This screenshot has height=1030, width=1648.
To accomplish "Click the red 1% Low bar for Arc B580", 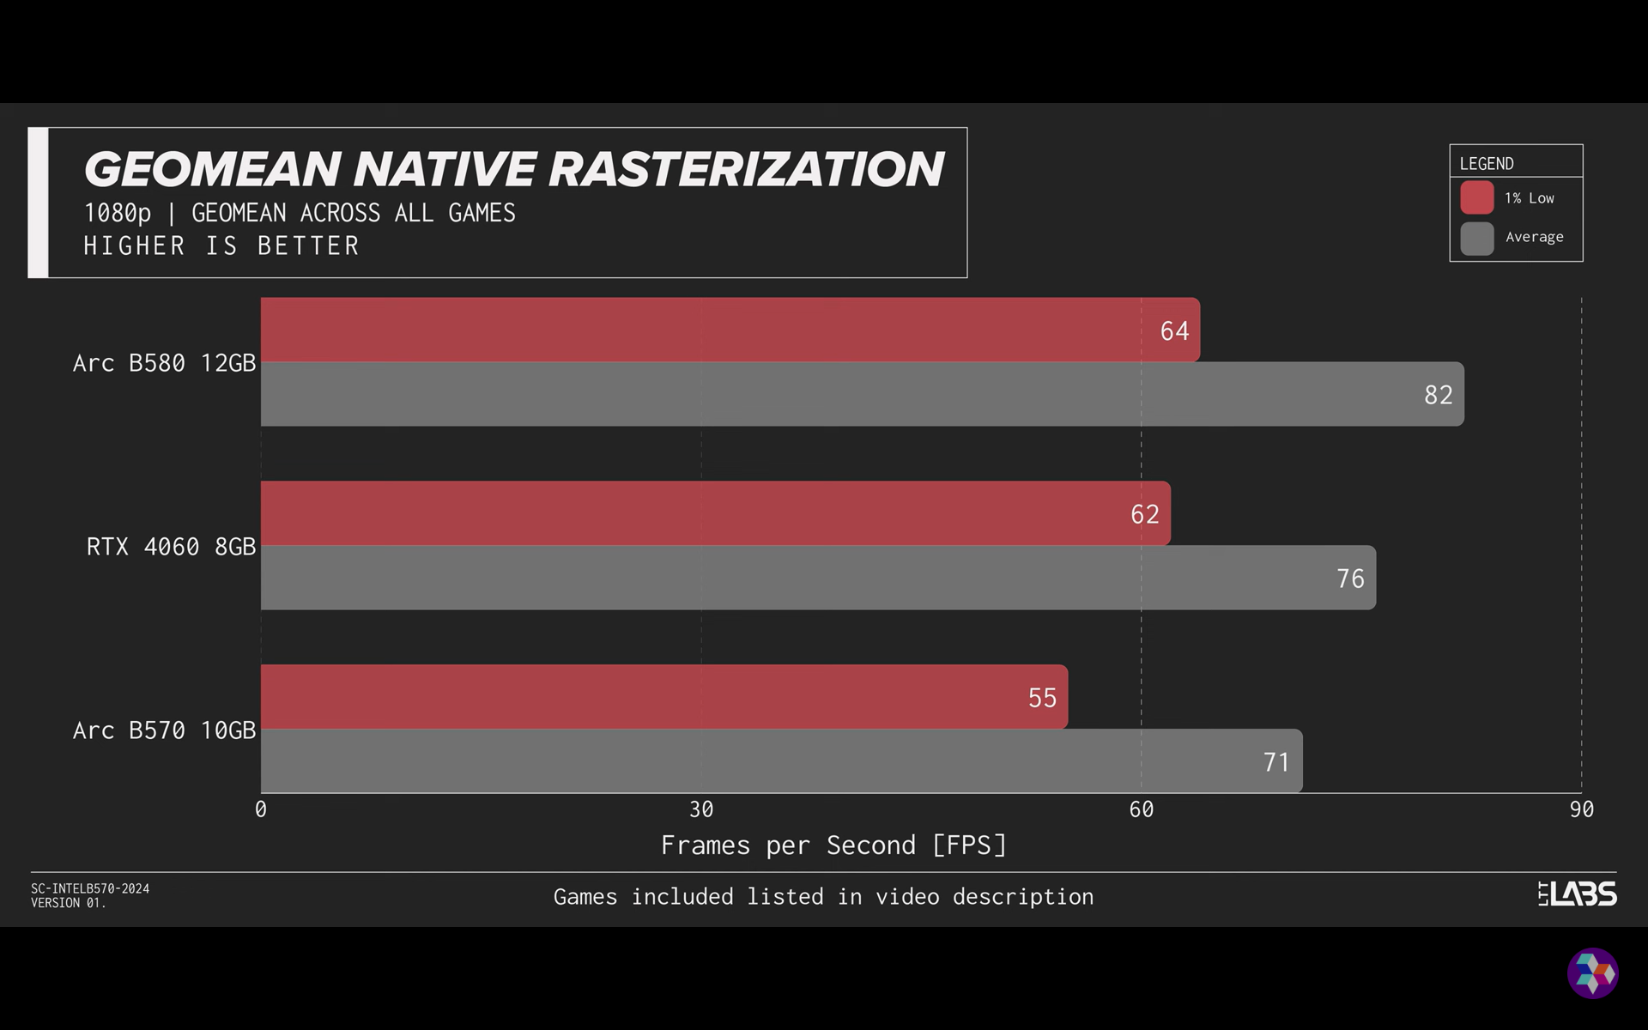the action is click(x=730, y=330).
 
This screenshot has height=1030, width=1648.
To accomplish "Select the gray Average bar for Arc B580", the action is click(x=863, y=394).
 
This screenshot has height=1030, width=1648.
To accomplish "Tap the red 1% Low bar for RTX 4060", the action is click(x=716, y=513).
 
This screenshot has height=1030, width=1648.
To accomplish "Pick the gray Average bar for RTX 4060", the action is click(x=819, y=578).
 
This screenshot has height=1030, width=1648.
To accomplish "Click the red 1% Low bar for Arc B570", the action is click(x=664, y=697).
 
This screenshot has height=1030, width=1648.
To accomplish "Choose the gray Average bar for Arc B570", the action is click(x=782, y=761).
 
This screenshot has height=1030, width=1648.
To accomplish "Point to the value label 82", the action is click(x=1439, y=395).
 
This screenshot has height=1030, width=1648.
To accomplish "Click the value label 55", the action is click(x=1042, y=698).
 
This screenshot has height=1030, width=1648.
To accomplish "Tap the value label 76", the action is click(x=1350, y=579).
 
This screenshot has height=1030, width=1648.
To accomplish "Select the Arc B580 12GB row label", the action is click(x=164, y=363).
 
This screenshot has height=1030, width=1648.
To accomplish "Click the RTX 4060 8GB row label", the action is click(x=171, y=547).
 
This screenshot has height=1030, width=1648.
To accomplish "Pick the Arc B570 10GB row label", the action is click(x=164, y=730).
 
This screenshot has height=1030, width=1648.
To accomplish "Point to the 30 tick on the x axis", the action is click(x=701, y=809).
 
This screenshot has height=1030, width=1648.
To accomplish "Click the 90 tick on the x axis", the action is click(x=1581, y=809).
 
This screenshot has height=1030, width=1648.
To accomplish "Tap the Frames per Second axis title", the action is click(x=833, y=845).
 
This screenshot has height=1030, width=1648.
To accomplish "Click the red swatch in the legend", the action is click(x=1477, y=197).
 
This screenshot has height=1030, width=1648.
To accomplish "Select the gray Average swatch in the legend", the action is click(x=1477, y=239).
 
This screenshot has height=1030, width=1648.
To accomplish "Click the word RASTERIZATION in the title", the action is click(x=746, y=169).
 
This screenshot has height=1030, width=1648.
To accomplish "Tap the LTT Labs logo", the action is click(x=1577, y=894).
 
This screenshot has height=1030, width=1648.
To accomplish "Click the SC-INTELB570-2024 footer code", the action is click(x=90, y=888).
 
